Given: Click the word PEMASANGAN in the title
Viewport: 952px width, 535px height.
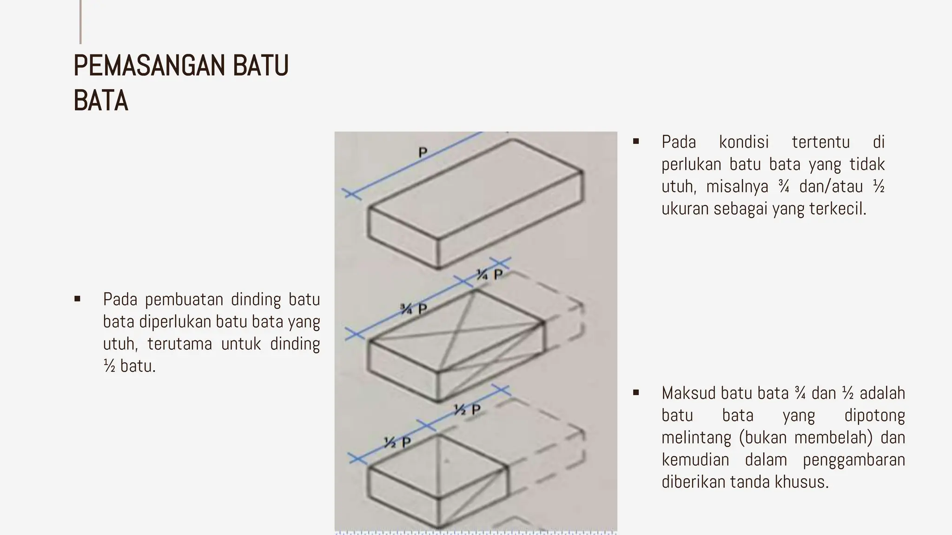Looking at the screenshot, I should pyautogui.click(x=149, y=65).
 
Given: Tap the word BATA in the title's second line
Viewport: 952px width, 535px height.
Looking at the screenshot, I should pyautogui.click(x=100, y=101).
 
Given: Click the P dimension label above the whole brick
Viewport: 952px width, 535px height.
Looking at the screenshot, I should pyautogui.click(x=423, y=152).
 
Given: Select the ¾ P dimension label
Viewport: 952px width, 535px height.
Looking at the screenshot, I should pyautogui.click(x=414, y=309).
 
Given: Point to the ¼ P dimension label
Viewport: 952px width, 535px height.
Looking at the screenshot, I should pyautogui.click(x=489, y=275).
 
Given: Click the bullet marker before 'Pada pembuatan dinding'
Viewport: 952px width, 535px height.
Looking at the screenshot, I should pyautogui.click(x=77, y=299).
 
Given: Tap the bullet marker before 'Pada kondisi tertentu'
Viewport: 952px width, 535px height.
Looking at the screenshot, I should pyautogui.click(x=636, y=141).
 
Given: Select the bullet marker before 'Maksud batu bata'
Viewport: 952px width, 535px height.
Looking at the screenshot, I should pyautogui.click(x=636, y=393).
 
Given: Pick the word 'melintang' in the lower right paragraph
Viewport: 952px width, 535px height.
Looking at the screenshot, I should pyautogui.click(x=695, y=437).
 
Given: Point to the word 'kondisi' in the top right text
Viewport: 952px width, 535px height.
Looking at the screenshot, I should pyautogui.click(x=744, y=142).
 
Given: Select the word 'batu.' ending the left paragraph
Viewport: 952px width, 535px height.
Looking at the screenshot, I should pyautogui.click(x=138, y=366).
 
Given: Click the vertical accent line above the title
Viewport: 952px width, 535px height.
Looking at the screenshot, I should pyautogui.click(x=80, y=22).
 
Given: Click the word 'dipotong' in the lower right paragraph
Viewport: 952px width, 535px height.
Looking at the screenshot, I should pyautogui.click(x=874, y=415).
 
